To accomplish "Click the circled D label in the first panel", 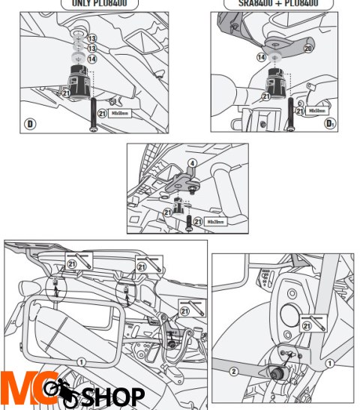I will (31, 123).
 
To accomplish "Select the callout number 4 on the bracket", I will (191, 163).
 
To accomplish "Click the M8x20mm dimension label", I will (214, 222).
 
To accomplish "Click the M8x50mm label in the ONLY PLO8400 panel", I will (119, 113).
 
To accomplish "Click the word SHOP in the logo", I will (113, 395).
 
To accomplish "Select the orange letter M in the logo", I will (16, 391).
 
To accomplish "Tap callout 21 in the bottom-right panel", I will (306, 325).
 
